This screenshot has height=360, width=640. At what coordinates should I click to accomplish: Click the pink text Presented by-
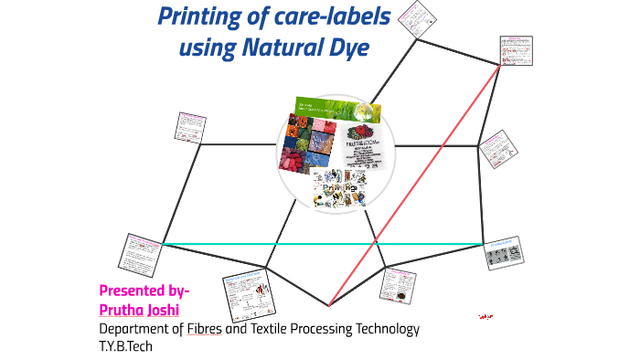click(x=144, y=291)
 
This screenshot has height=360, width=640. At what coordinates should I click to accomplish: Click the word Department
click(x=134, y=329)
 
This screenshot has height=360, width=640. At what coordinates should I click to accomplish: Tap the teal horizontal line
click(x=320, y=244)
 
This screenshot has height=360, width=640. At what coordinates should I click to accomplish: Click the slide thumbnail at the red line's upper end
click(x=517, y=53)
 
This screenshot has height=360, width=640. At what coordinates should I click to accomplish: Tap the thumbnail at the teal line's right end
click(x=504, y=252)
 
